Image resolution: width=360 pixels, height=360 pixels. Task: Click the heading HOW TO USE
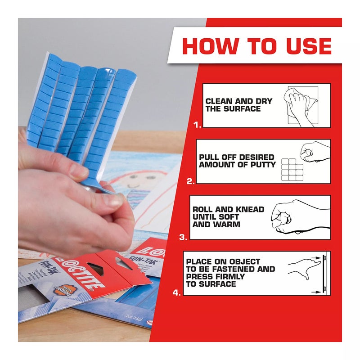click(257, 46)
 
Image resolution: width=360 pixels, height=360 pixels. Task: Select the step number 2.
click(191, 181)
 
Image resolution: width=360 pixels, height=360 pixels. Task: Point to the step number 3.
click(183, 237)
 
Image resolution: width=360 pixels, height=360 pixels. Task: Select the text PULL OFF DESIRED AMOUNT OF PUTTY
click(236, 161)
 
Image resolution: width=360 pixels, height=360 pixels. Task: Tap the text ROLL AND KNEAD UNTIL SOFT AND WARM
click(228, 217)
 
